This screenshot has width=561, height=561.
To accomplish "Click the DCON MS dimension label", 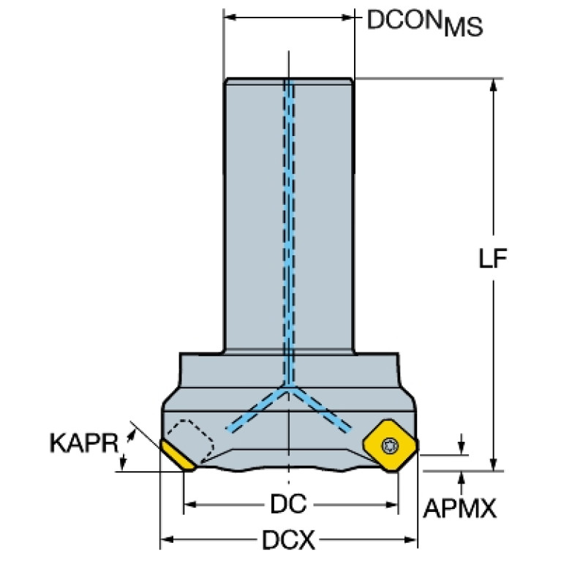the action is (425, 23).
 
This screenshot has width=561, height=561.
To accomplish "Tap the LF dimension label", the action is (493, 258).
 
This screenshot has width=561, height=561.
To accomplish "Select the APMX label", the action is (460, 508).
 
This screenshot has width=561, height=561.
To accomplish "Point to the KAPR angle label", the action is (84, 443).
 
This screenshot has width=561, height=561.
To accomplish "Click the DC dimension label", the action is (288, 503).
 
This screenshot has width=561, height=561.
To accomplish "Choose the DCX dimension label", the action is (289, 540).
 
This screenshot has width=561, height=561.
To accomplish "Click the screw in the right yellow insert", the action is (390, 445).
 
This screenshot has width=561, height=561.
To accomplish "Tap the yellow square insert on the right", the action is (390, 445).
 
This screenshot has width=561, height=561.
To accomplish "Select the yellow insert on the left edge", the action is (178, 456).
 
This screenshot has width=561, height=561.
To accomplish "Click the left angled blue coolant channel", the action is (257, 409).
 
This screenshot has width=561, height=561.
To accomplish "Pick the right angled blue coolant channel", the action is (320, 409).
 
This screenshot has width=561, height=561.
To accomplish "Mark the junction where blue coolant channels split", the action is (289, 387).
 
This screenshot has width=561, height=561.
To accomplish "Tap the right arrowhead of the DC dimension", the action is (393, 505).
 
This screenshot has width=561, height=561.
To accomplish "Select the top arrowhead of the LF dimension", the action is (494, 85).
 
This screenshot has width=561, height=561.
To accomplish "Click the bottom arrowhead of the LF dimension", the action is (494, 464).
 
